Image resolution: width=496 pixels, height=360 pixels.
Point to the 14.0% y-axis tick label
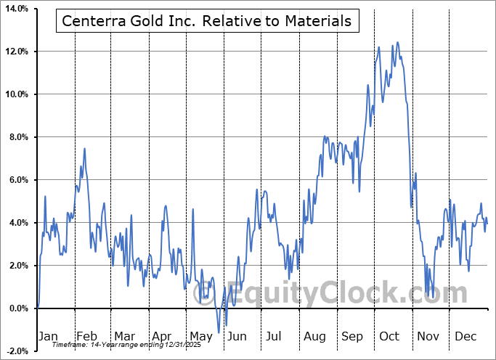(16, 9)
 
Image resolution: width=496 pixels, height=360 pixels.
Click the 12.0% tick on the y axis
(16, 52)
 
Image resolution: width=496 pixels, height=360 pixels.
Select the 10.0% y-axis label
(16, 94)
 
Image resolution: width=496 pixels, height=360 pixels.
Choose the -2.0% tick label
(17, 351)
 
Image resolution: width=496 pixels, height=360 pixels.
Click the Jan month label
(47, 336)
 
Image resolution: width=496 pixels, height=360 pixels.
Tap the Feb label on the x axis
(86, 336)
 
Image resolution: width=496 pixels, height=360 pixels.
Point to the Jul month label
(274, 336)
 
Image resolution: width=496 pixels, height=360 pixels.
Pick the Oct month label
(389, 336)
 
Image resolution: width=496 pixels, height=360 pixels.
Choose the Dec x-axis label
(465, 336)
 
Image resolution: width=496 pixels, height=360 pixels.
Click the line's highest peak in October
(397, 43)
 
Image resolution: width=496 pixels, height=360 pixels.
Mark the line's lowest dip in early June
(226, 325)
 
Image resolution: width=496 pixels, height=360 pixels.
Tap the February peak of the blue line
(85, 149)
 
